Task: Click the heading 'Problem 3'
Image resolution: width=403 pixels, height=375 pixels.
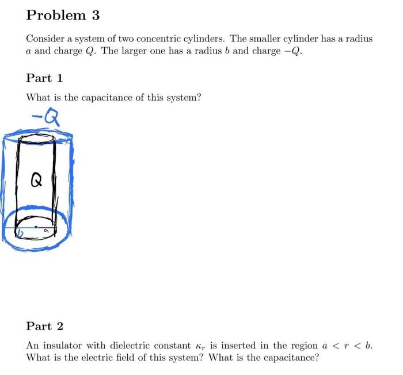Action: pos(63,16)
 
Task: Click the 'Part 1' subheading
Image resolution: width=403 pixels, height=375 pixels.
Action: pos(44,78)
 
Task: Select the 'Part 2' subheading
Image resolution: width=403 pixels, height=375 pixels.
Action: pos(44,326)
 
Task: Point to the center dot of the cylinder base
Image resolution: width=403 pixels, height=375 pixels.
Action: pos(36,227)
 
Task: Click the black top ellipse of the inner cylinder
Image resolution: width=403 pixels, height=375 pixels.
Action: pos(37,139)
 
